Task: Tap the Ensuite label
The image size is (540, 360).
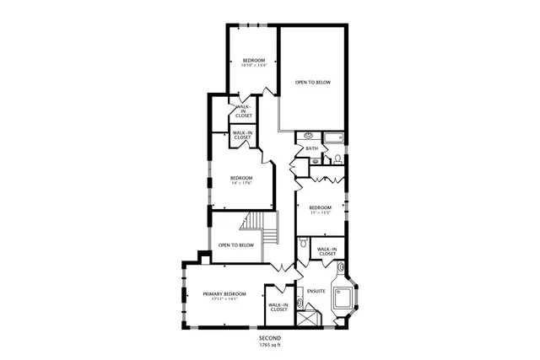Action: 316,293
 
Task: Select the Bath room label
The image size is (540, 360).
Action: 311,149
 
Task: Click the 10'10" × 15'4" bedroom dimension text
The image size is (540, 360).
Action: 254,66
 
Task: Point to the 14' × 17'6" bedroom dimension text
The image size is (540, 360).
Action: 242,184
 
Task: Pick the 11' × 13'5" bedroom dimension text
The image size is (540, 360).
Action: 319,213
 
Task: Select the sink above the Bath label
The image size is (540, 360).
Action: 308,135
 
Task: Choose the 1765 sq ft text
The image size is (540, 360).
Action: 270,345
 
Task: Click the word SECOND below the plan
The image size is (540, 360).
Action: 270,338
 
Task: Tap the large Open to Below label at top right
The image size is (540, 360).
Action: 311,83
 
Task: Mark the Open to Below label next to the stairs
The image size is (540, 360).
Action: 236,245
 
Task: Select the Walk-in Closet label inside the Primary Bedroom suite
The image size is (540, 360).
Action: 278,307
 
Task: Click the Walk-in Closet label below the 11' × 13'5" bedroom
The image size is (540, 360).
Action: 328,250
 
